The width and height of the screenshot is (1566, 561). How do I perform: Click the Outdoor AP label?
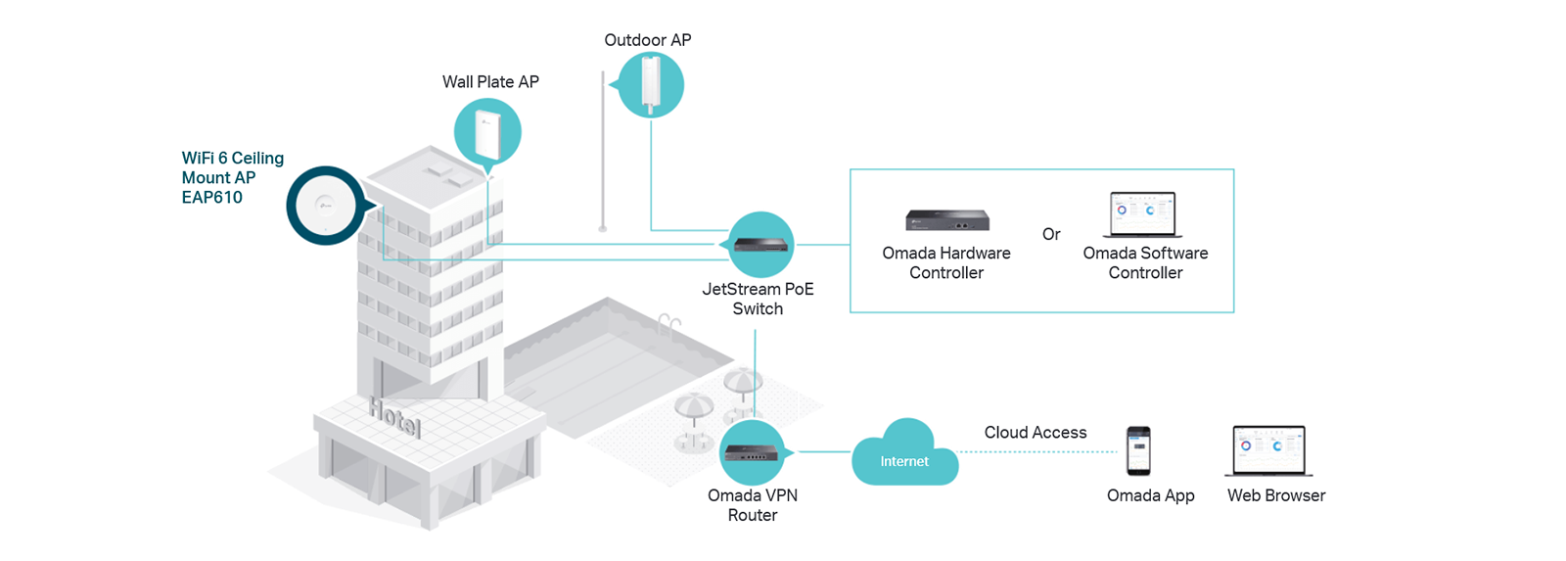click(647, 40)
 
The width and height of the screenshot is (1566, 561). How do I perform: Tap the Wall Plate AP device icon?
click(487, 133)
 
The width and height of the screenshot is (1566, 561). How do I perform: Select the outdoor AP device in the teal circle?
click(651, 84)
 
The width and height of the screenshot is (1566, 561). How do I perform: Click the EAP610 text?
click(211, 198)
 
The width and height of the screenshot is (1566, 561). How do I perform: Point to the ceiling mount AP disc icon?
click(325, 206)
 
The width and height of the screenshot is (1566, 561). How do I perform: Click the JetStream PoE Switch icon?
click(761, 245)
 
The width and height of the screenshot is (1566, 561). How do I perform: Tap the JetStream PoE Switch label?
click(758, 299)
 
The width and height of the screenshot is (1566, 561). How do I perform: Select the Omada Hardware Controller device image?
click(946, 219)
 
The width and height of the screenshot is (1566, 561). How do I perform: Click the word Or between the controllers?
click(1051, 235)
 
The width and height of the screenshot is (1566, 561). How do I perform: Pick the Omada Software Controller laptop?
click(1143, 214)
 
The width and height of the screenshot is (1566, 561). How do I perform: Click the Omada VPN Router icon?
click(753, 452)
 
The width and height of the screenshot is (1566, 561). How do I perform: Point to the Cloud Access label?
click(1035, 433)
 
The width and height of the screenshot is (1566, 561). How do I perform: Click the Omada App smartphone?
click(1138, 451)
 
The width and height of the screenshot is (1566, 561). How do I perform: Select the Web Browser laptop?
click(1268, 450)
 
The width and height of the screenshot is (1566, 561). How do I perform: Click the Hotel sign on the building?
click(394, 418)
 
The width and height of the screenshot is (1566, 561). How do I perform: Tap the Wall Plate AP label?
click(490, 82)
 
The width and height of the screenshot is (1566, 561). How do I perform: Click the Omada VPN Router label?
click(753, 505)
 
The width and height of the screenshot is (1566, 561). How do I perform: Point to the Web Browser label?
click(1276, 495)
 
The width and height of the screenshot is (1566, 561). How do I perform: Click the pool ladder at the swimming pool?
click(669, 324)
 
